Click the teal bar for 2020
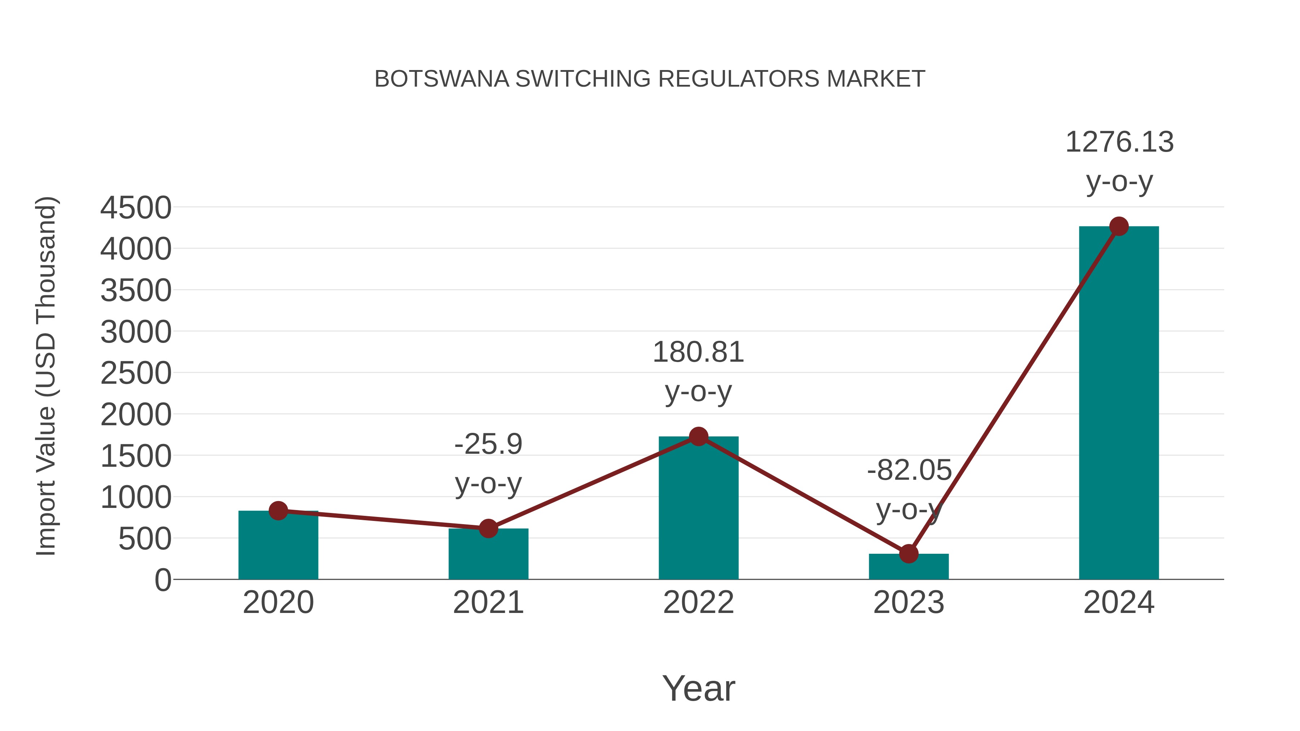[x=278, y=547]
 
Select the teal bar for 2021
[x=488, y=555]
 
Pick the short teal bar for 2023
[x=909, y=567]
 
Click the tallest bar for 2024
[x=1119, y=404]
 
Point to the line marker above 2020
[x=278, y=510]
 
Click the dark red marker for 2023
[x=909, y=553]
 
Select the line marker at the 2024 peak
[x=1119, y=226]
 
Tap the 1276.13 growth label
[x=1119, y=142]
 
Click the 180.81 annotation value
[x=698, y=352]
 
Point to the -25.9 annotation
[x=488, y=444]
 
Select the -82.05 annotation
[x=909, y=470]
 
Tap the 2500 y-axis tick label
[x=136, y=374]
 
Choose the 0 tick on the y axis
[x=162, y=580]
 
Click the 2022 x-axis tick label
[x=698, y=602]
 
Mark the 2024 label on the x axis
[x=1119, y=602]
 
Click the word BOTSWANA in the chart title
[x=442, y=79]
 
